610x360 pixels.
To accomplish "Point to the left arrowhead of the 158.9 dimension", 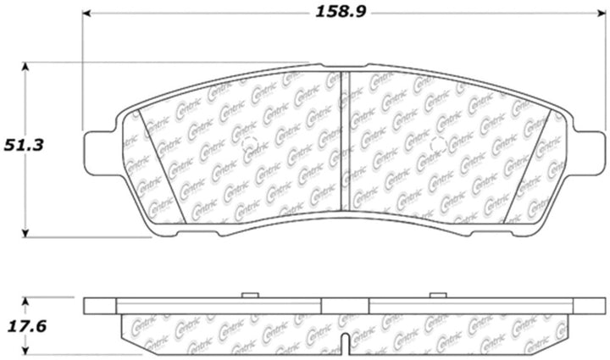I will click(87, 15).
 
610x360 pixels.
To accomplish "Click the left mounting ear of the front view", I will click(100, 149).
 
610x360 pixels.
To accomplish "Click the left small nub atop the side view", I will click(249, 294).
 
